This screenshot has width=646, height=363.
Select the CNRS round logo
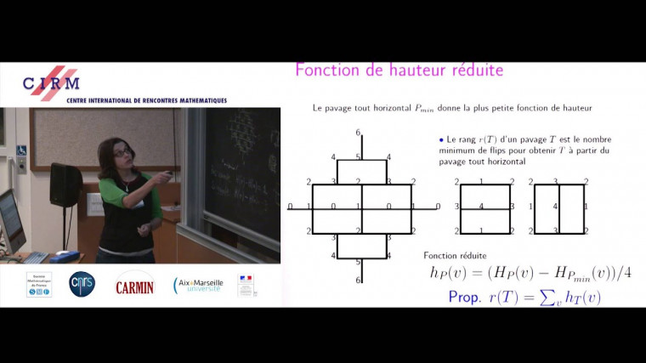tap(82, 284)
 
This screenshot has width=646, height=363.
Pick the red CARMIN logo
tap(134, 286)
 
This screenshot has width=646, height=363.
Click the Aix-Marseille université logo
tap(197, 285)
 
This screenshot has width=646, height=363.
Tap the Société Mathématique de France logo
tap(39, 284)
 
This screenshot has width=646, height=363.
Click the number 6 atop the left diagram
tap(358, 133)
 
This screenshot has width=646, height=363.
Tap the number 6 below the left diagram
tap(358, 281)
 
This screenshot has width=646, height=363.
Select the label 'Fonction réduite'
tap(455, 255)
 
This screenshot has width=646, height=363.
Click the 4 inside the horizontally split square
tap(482, 206)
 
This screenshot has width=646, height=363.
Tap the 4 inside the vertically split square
tap(555, 207)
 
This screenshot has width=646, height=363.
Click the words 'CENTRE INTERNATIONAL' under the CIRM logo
tap(102, 100)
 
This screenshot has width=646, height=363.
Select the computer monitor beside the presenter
tap(10, 219)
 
